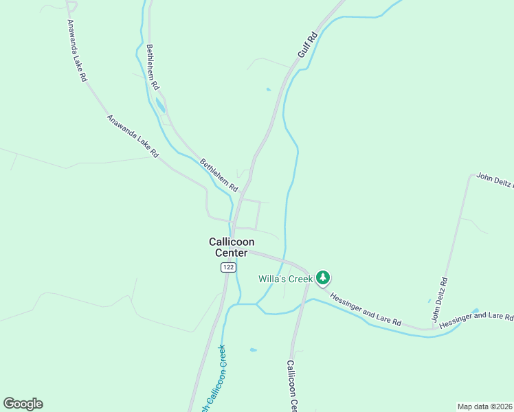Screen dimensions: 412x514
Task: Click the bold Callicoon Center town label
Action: pyautogui.click(x=232, y=247)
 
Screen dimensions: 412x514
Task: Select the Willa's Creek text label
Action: pyautogui.click(x=285, y=279)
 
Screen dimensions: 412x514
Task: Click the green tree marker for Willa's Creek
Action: pyautogui.click(x=323, y=278)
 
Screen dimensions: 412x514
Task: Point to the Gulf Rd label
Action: pyautogui.click(x=306, y=44)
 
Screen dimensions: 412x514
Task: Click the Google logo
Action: pyautogui.click(x=23, y=404)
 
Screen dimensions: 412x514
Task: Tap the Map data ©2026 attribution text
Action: pyautogui.click(x=484, y=407)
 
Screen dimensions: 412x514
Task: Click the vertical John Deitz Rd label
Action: pyautogui.click(x=439, y=299)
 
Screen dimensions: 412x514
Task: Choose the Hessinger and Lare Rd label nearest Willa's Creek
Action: pyautogui.click(x=365, y=308)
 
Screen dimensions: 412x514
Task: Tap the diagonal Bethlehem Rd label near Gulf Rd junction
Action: pyautogui.click(x=219, y=175)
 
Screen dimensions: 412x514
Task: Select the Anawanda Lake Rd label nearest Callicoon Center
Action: pyautogui.click(x=133, y=134)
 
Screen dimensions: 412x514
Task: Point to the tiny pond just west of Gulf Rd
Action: pyautogui.click(x=268, y=89)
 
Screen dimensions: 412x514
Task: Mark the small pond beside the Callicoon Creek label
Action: pyautogui.click(x=254, y=350)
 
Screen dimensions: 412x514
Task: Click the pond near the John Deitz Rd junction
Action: pyautogui.click(x=475, y=310)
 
